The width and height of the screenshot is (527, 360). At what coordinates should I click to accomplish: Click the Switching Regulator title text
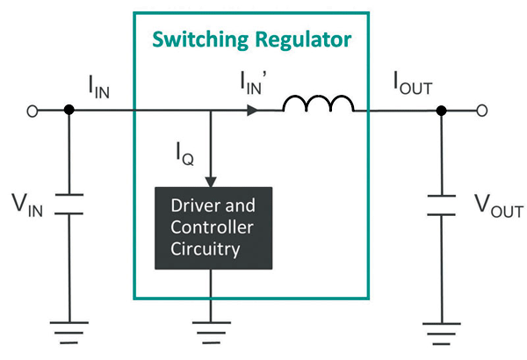(251, 40)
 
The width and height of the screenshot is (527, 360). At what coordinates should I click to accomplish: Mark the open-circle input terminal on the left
(33, 112)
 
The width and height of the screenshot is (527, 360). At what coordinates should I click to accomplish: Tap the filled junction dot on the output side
(441, 112)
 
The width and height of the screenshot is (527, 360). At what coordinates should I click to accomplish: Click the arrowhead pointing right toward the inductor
(253, 112)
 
